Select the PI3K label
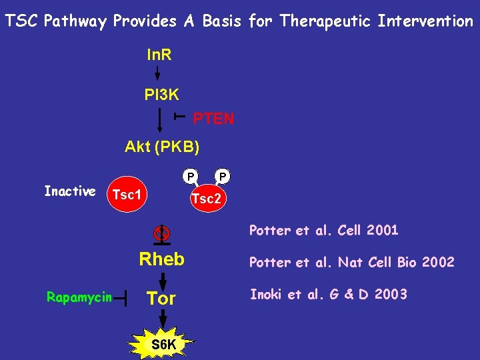click(161, 95)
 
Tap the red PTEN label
click(213, 119)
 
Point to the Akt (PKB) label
click(162, 147)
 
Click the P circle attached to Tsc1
click(191, 177)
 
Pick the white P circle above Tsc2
click(223, 177)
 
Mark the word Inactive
click(69, 192)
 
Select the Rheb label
click(161, 259)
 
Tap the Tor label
click(161, 299)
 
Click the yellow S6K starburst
click(163, 344)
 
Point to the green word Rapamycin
click(79, 297)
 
